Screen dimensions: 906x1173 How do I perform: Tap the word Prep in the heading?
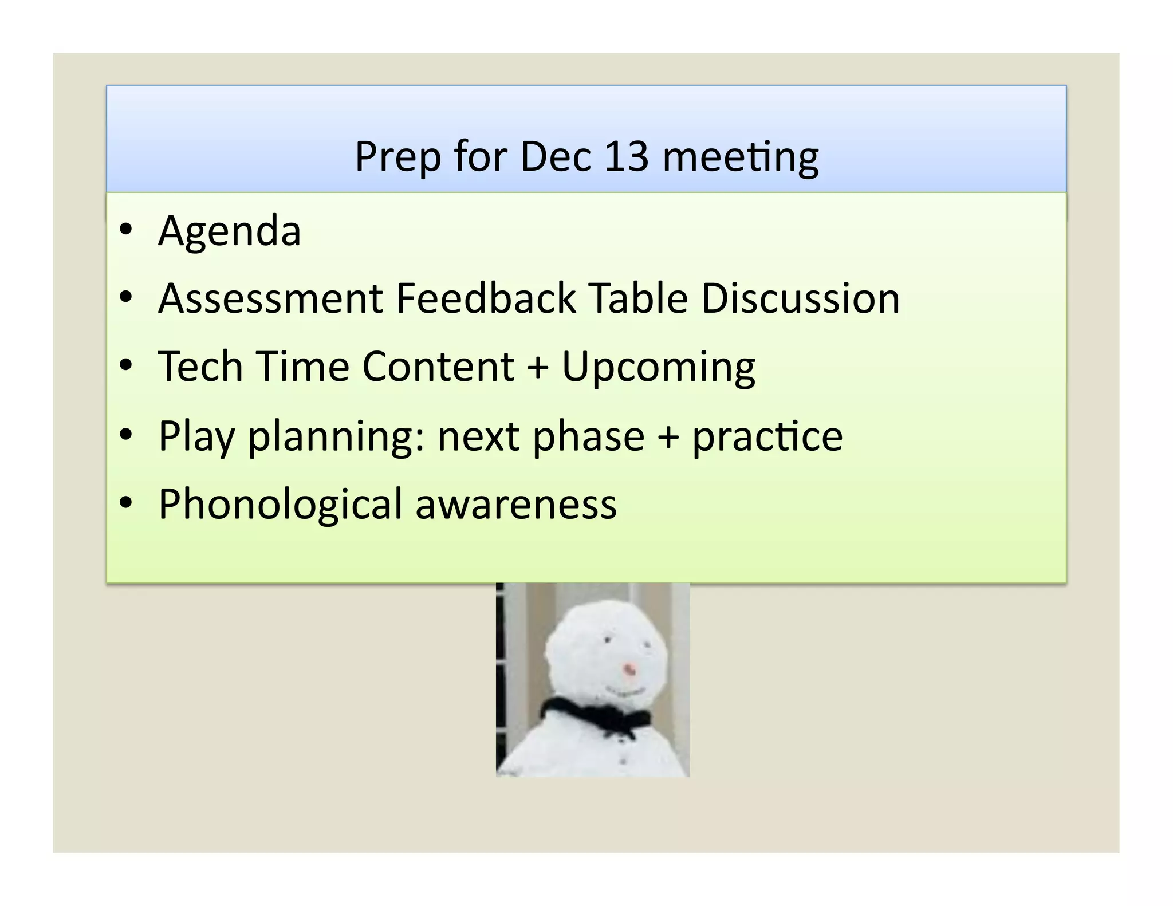coord(397,157)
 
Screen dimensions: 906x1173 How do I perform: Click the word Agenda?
coord(229,231)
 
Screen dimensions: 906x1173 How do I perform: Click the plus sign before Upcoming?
coord(537,368)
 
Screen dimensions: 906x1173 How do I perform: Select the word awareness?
coord(515,505)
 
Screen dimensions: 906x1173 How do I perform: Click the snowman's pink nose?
coord(629,668)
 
